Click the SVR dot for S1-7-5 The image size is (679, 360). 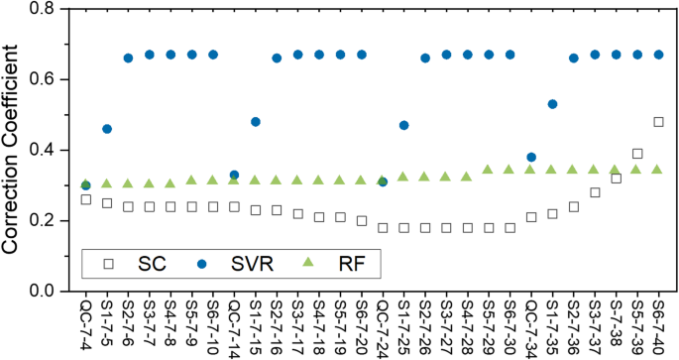[107, 129]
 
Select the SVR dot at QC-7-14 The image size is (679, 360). [234, 175]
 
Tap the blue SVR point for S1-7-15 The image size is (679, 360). [256, 122]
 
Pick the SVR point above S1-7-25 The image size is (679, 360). [403, 125]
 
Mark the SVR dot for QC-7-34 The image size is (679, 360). [531, 157]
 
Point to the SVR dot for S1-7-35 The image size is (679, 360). [552, 104]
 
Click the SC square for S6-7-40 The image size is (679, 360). [658, 122]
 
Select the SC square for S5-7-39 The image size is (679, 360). [637, 154]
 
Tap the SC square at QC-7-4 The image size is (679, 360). [86, 199]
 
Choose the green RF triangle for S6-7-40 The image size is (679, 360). [658, 170]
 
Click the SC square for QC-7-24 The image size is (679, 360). [383, 227]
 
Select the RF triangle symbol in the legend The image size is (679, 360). [308, 263]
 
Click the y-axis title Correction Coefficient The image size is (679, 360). [14, 149]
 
